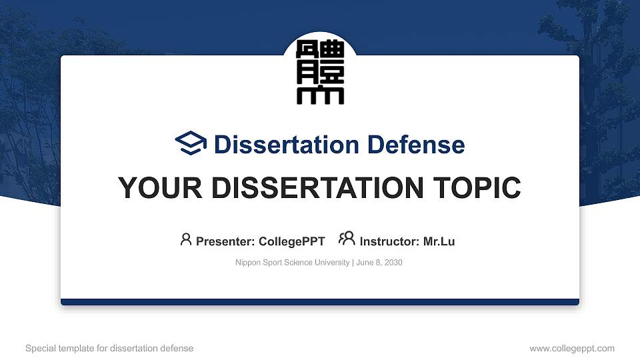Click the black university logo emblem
[320, 73]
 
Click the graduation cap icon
[191, 144]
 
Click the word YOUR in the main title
[152, 188]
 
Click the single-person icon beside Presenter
[186, 239]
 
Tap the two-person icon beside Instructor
[347, 239]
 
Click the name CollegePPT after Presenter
[292, 241]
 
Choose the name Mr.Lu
[439, 241]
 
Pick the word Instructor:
[389, 241]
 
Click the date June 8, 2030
[379, 263]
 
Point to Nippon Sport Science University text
[292, 263]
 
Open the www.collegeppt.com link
[572, 348]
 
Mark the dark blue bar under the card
[320, 302]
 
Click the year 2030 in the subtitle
[393, 263]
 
